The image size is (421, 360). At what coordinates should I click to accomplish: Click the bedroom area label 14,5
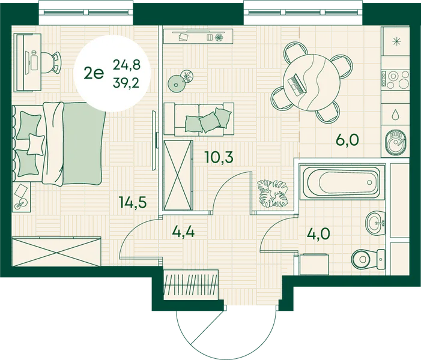(x=133, y=203)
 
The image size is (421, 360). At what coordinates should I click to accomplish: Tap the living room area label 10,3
(x=219, y=157)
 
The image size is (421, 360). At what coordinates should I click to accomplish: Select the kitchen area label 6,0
(x=348, y=140)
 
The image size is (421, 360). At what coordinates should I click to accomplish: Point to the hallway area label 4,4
(x=183, y=232)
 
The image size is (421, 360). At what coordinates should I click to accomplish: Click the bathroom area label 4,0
(x=318, y=234)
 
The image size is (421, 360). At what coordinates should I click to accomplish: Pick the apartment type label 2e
(x=94, y=73)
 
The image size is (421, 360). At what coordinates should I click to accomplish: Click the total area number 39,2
(x=126, y=83)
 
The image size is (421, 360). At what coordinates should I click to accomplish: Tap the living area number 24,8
(x=127, y=65)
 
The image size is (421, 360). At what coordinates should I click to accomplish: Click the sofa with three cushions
(x=199, y=119)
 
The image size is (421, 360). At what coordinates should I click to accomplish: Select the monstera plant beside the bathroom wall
(x=273, y=193)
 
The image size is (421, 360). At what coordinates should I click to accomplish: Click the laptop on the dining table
(x=297, y=85)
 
